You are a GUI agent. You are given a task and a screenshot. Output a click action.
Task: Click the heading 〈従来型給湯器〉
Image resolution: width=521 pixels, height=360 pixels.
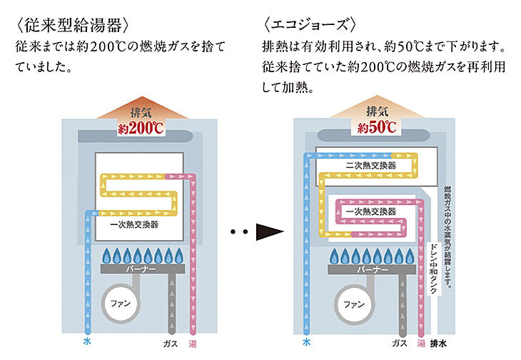[x=72, y=25]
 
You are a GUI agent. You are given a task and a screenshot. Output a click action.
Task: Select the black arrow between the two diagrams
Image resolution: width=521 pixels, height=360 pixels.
[x=269, y=232]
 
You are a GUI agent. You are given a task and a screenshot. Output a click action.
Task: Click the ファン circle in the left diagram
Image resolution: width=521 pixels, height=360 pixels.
[x=119, y=302]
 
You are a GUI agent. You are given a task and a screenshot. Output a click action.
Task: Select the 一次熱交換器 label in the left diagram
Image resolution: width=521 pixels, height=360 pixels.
[x=134, y=224]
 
